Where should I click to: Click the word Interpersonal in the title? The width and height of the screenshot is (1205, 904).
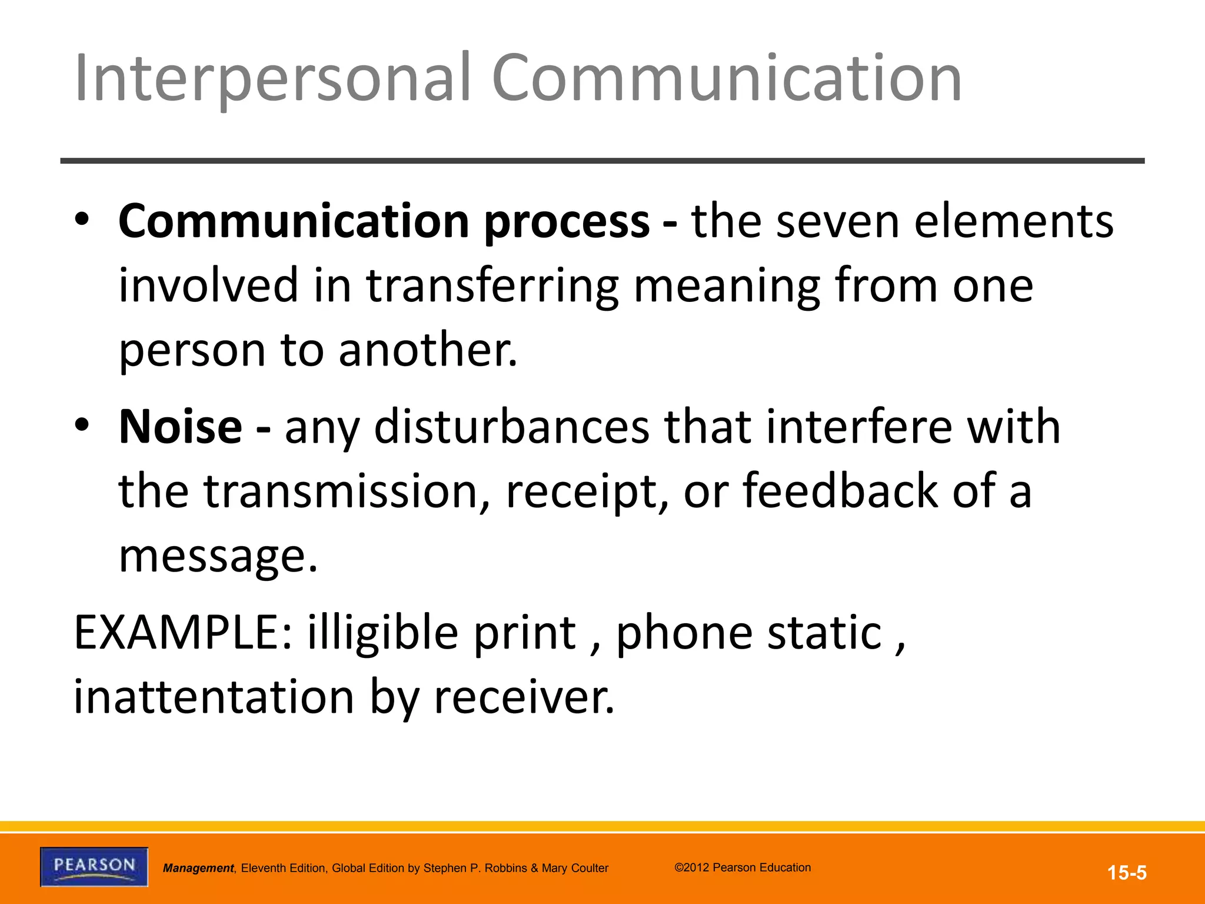point(272,79)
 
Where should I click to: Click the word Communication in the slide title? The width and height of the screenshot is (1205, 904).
point(726,79)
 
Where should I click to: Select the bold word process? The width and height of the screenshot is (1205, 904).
point(567,222)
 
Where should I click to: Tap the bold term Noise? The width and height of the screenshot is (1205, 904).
point(180,427)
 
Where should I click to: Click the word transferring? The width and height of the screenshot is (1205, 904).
point(492,286)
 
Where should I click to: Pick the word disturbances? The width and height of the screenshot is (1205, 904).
point(512,427)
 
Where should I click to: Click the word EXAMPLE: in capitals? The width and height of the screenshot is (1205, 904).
point(183,633)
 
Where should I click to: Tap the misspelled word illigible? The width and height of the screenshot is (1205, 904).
point(382,633)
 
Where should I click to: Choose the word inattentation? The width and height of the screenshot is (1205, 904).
point(214,697)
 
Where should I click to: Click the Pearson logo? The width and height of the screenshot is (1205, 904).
point(94,866)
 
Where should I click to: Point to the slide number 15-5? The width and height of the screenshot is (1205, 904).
point(1127,872)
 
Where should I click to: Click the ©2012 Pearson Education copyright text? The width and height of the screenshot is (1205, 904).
point(743,868)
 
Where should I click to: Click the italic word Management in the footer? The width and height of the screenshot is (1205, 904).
point(198,868)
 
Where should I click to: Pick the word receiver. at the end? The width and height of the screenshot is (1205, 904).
point(524,697)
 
